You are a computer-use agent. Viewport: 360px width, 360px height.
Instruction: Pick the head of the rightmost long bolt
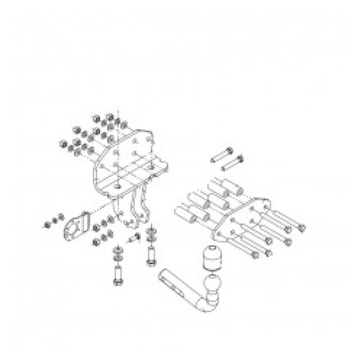302,228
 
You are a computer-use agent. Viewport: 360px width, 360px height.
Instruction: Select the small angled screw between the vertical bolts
134,239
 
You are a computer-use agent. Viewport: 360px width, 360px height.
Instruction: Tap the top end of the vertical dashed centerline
119,111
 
